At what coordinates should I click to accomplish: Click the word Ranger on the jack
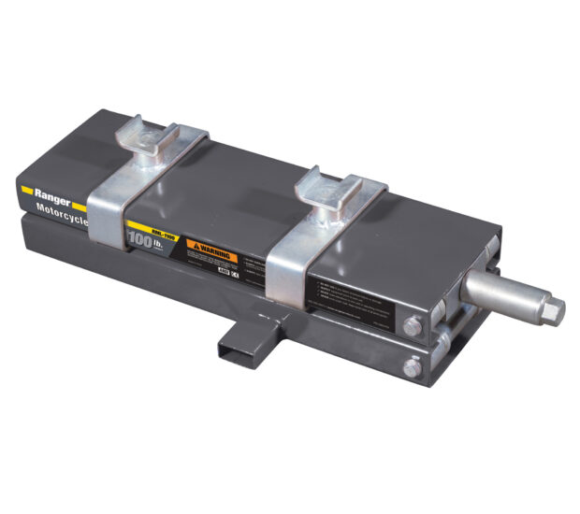50,185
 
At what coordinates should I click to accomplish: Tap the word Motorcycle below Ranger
59,207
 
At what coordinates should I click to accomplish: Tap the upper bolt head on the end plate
413,326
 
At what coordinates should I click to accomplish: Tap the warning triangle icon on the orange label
195,244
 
